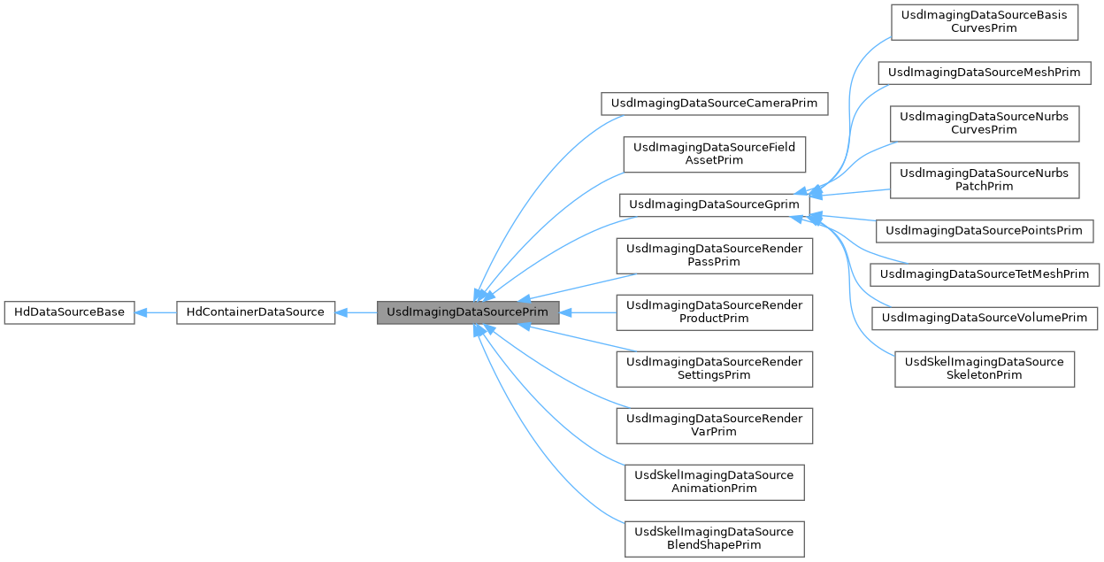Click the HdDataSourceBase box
[x=69, y=312]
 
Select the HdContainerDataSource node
[x=256, y=312]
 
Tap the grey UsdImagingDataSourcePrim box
[x=468, y=312]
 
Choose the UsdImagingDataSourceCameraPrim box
[x=714, y=104]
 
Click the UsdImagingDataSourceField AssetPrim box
[x=714, y=154]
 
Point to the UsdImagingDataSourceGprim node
[x=714, y=204]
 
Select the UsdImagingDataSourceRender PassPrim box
[x=714, y=255]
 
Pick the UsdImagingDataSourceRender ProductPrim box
[x=714, y=312]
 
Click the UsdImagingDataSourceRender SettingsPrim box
[x=714, y=368]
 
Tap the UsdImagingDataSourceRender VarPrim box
[x=714, y=425]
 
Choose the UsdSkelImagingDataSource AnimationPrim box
[x=714, y=481]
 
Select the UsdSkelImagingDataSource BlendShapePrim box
[x=714, y=538]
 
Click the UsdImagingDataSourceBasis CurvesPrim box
[x=984, y=21]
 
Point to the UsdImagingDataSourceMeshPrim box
[x=984, y=73]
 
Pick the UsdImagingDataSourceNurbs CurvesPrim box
[x=984, y=123]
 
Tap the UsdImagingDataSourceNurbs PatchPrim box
[x=984, y=180]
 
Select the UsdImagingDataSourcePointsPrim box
[x=984, y=231]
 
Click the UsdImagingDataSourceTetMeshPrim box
[x=984, y=274]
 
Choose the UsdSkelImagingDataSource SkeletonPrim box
[x=984, y=368]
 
